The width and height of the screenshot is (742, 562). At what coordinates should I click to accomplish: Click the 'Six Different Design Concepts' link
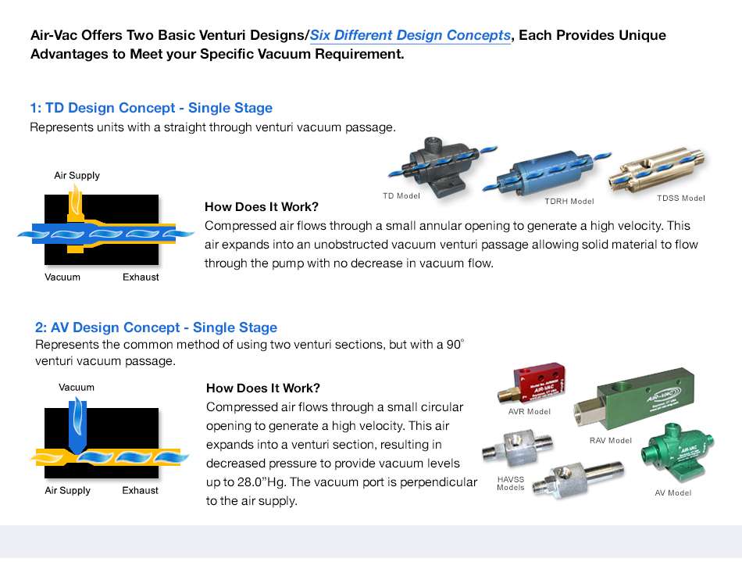(410, 36)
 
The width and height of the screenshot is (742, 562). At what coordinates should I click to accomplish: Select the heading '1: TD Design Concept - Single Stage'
(151, 108)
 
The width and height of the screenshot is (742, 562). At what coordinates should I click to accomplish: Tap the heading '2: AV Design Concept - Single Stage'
(156, 328)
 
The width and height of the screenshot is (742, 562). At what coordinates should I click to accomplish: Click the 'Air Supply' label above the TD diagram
(77, 176)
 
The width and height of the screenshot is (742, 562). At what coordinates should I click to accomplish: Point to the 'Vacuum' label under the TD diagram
(62, 277)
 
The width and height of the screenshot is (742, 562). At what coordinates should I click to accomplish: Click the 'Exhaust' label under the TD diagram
(141, 277)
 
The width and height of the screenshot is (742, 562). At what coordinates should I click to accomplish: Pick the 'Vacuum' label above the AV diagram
(77, 388)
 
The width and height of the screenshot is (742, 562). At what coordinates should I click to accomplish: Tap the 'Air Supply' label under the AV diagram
(67, 491)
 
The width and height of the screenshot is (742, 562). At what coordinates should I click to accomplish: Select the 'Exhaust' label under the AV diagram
(141, 491)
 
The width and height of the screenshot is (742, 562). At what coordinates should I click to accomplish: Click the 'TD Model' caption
(401, 195)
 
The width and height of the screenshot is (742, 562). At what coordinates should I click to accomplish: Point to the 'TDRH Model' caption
(569, 202)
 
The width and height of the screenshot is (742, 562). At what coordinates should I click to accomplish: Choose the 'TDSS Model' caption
(680, 199)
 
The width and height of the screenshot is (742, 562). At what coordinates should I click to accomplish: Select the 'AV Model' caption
(672, 493)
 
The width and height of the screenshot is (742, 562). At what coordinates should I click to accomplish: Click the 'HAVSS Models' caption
(511, 483)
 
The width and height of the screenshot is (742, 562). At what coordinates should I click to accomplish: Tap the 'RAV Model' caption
(610, 441)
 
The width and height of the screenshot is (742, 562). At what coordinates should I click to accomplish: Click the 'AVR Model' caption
(529, 412)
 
